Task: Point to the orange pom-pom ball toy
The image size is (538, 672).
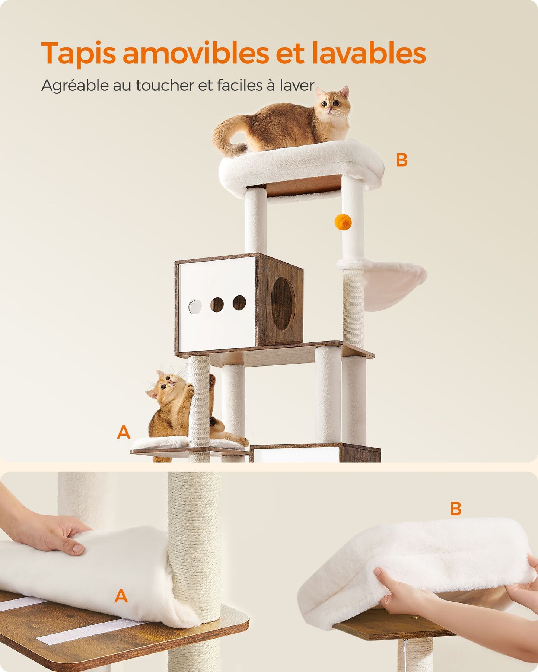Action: [x=343, y=222]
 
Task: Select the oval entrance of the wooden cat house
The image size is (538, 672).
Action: [x=283, y=303]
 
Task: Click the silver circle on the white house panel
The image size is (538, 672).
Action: [x=195, y=306]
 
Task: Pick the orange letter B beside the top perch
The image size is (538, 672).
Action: [x=401, y=160]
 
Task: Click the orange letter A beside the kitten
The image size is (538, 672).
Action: [x=124, y=432]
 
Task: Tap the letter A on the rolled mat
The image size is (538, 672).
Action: [x=121, y=596]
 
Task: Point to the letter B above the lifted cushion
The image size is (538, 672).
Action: [x=455, y=509]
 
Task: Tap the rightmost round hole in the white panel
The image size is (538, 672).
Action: [x=239, y=303]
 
